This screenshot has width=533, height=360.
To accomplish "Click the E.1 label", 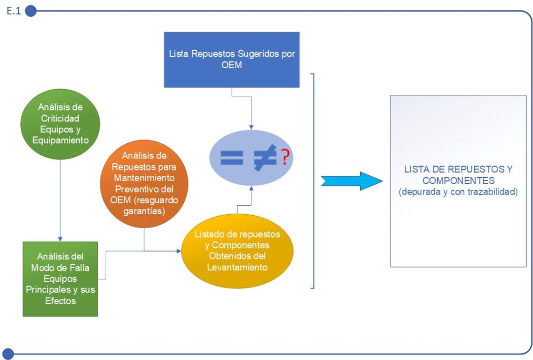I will [14, 11].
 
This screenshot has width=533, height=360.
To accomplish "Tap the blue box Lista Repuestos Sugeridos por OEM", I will [232, 59].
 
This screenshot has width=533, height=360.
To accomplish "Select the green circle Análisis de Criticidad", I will [60, 123].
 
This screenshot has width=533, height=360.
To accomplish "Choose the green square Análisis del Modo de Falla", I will [60, 279].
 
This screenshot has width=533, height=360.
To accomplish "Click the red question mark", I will [285, 157].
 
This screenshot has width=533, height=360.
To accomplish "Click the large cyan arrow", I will [351, 180].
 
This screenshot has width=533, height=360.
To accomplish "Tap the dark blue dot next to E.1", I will [31, 11].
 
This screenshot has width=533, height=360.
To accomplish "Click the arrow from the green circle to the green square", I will [60, 198].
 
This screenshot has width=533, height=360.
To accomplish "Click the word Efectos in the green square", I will [60, 301].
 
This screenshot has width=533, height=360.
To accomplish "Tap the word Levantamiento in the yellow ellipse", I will [237, 268].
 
